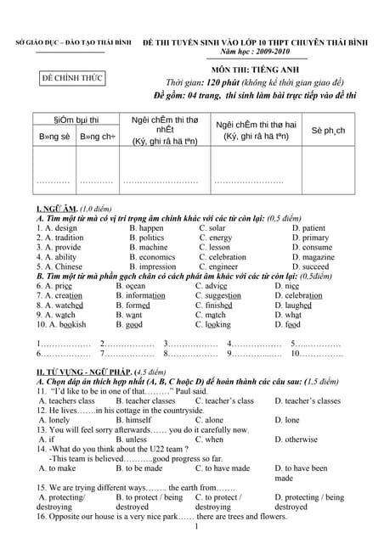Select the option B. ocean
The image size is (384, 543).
pos(136,286)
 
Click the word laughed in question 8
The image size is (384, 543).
pos(304,305)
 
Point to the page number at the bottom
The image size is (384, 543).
pos(195,529)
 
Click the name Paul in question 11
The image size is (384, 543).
pos(192,391)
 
